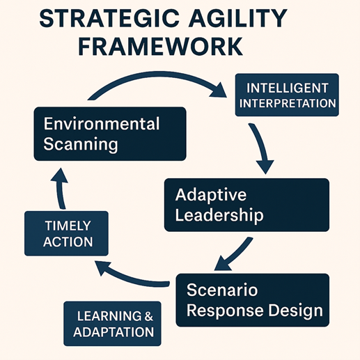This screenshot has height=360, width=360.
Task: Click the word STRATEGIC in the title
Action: [109, 18]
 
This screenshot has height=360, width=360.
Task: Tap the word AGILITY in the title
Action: [237, 18]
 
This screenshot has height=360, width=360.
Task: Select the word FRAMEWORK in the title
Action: [161, 46]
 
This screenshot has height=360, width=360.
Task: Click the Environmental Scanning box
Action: [110, 134]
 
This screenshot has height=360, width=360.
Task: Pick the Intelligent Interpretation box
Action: [287, 95]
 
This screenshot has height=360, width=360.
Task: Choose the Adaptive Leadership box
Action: [246, 205]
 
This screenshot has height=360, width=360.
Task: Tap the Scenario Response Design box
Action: [253, 300]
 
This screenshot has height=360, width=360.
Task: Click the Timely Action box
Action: [66, 233]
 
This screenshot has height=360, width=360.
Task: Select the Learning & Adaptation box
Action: [112, 324]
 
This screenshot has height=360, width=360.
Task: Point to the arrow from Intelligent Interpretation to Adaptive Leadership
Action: [262, 148]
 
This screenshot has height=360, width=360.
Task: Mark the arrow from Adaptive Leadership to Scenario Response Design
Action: [235, 256]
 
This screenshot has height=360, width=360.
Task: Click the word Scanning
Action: [81, 145]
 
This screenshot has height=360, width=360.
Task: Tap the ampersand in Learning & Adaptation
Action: [148, 316]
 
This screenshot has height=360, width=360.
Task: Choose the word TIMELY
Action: [68, 226]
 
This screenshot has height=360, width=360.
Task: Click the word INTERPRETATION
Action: [288, 103]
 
